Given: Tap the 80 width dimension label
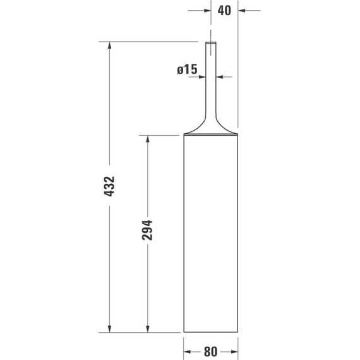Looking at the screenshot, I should [x=210, y=351].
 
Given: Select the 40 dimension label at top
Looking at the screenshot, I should [x=224, y=10].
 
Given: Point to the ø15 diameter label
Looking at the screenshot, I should [x=187, y=70].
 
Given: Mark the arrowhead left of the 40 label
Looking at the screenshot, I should [x=207, y=10].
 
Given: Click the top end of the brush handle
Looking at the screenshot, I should [x=211, y=42].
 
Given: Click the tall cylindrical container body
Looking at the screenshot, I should [x=211, y=234].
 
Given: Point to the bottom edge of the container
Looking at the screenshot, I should [x=211, y=332].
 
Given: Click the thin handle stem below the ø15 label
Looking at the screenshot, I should [x=211, y=95].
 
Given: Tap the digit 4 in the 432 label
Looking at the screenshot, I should [x=109, y=195].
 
